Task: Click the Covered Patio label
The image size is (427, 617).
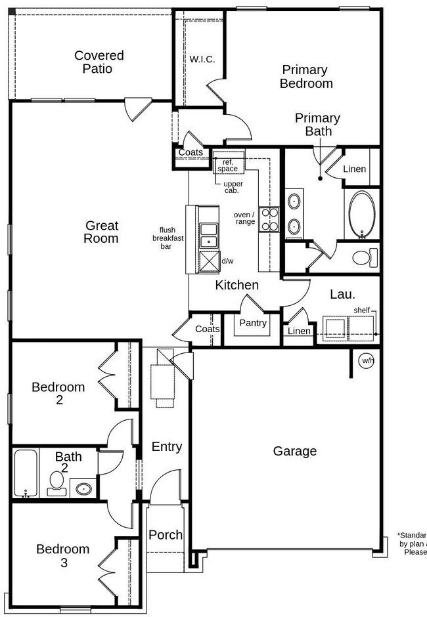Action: [99, 62]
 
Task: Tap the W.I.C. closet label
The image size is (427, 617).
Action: [202, 59]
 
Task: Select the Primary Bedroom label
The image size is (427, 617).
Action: [306, 77]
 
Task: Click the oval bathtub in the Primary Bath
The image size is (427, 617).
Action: [361, 215]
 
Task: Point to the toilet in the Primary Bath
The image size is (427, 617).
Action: [363, 257]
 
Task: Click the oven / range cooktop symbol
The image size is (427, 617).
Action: [269, 219]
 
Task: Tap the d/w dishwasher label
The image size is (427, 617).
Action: [227, 261]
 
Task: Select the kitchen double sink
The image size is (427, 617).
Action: [209, 234]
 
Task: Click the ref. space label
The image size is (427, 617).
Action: [228, 165]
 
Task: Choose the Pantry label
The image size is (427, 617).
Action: [253, 323]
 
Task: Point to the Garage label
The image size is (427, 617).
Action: [295, 451]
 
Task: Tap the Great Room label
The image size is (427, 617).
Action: [101, 232]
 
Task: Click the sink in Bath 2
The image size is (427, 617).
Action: [83, 488]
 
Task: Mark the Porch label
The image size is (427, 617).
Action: [166, 535]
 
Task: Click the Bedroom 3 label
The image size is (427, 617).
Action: [62, 556]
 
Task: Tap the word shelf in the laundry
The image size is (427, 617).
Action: [361, 310]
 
